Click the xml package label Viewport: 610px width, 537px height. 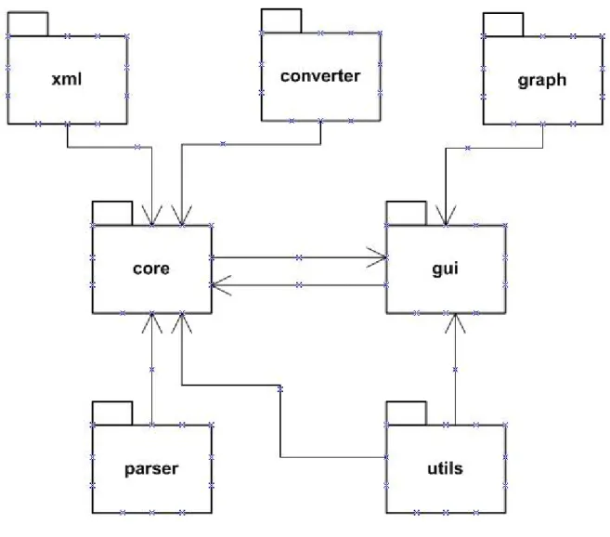point(67,80)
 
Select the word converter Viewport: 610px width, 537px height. point(320,76)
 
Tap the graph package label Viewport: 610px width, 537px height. point(542,81)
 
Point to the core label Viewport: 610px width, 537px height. point(151,268)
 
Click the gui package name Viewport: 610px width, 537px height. point(445,269)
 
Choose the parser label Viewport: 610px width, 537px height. point(151,469)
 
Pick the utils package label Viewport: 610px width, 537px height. point(445,468)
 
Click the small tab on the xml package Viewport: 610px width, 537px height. point(28,24)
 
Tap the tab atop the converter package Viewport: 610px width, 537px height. point(281,21)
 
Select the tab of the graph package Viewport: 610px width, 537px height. point(503,24)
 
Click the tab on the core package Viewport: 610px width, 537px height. point(112,214)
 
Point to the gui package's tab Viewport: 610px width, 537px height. point(406,214)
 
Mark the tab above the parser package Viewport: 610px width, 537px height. point(112,413)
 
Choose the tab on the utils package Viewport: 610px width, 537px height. point(406,413)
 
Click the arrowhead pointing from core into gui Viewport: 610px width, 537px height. point(377,257)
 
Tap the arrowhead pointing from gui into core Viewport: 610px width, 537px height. point(221,285)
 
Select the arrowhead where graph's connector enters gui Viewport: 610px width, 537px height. point(446,216)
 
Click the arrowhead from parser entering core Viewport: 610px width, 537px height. point(151,322)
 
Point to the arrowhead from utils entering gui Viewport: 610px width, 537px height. point(455,323)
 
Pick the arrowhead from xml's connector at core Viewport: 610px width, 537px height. point(151,216)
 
